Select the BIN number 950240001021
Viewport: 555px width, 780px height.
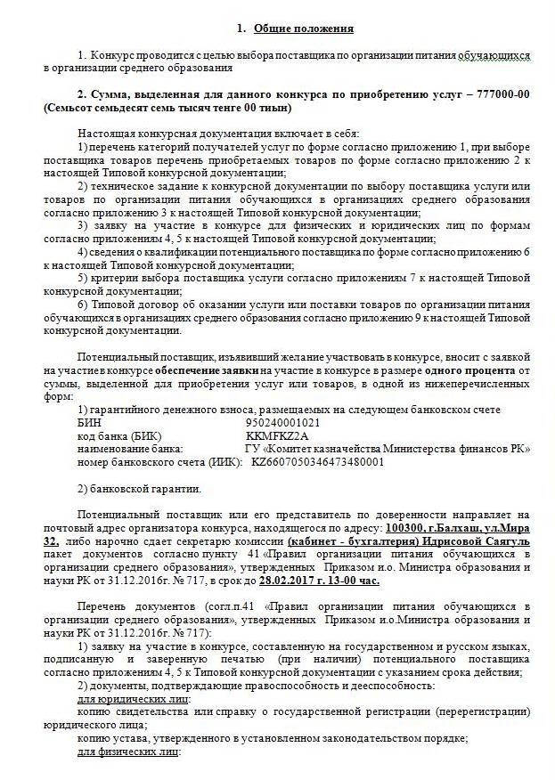[285, 423]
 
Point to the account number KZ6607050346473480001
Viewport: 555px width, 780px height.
[318, 462]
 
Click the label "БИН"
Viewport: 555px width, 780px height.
[89, 423]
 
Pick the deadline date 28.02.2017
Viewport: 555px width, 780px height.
[290, 581]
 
